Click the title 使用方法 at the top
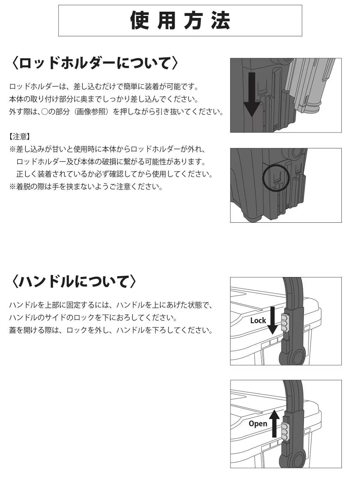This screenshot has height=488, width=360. [180, 21]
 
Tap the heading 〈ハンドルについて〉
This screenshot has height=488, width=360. [74, 282]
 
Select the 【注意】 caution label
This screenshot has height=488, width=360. [19, 137]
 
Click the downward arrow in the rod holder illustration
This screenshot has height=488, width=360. [251, 95]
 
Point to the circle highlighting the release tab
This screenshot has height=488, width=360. [276, 178]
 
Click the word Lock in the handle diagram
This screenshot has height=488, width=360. [258, 321]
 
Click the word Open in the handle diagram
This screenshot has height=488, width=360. [258, 423]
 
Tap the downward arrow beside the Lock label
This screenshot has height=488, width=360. [272, 321]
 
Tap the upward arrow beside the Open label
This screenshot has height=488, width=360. [274, 423]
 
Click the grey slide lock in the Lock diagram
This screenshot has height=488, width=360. [285, 322]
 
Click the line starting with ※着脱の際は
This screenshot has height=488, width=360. [86, 187]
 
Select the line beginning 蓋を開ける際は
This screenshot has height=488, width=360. [111, 330]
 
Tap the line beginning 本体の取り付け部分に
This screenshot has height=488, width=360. [104, 99]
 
